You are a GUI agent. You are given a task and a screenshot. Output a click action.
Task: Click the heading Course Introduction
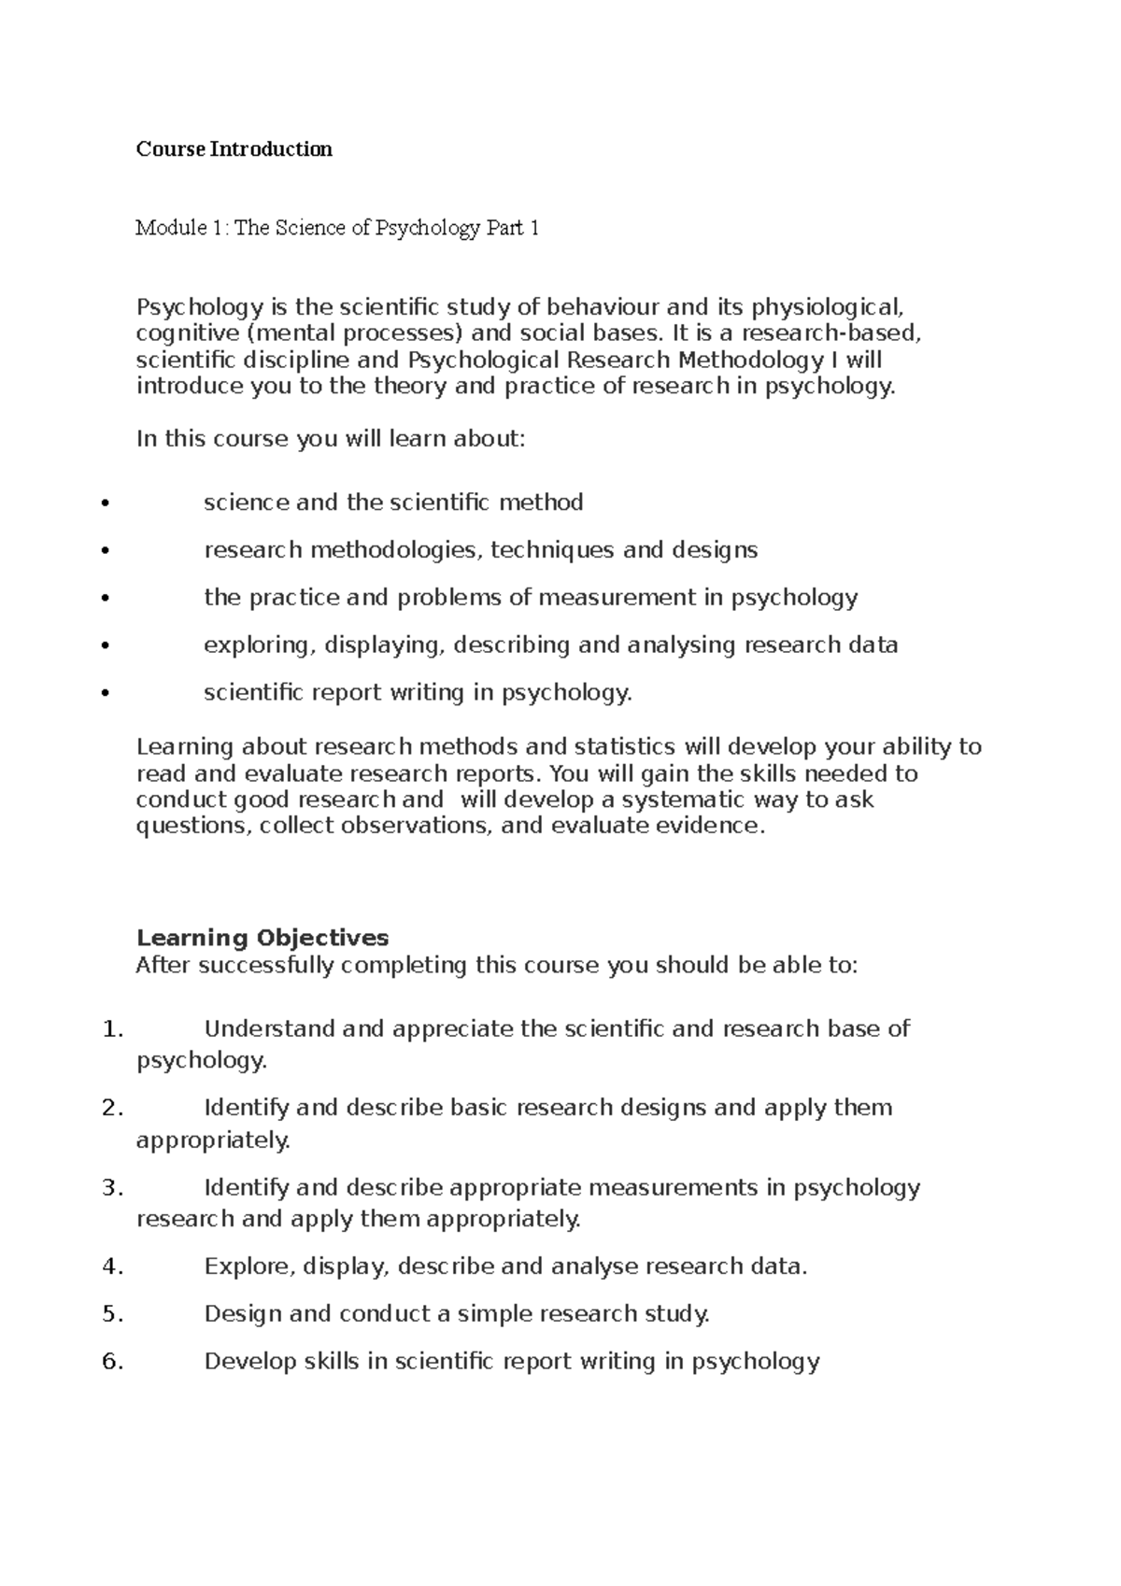(234, 149)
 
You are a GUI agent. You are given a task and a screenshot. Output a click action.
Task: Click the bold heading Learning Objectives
(263, 938)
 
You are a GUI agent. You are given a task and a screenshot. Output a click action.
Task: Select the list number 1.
(111, 1030)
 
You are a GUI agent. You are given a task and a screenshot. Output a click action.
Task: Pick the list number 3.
(111, 1189)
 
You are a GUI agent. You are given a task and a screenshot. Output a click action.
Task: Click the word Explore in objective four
(248, 1267)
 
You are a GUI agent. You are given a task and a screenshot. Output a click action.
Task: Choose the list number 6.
(111, 1363)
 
